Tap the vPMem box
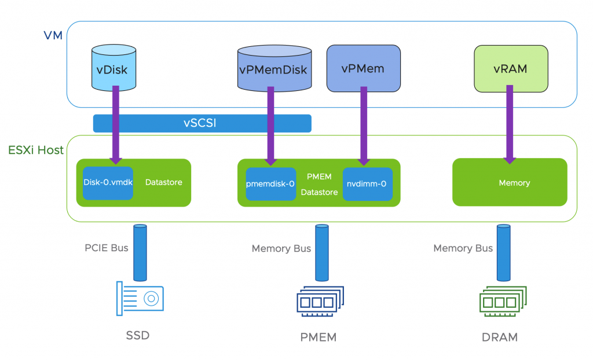[x=364, y=68]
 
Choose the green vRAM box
[x=510, y=69]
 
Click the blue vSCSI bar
[x=202, y=123]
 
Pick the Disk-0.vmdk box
[x=108, y=182]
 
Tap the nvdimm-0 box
[x=367, y=184]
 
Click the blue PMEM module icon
[x=320, y=301]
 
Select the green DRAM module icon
[x=502, y=301]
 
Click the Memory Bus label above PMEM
[x=281, y=249]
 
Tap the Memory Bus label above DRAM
[x=463, y=248]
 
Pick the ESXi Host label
[x=36, y=150]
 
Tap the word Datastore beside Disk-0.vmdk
[x=164, y=182]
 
